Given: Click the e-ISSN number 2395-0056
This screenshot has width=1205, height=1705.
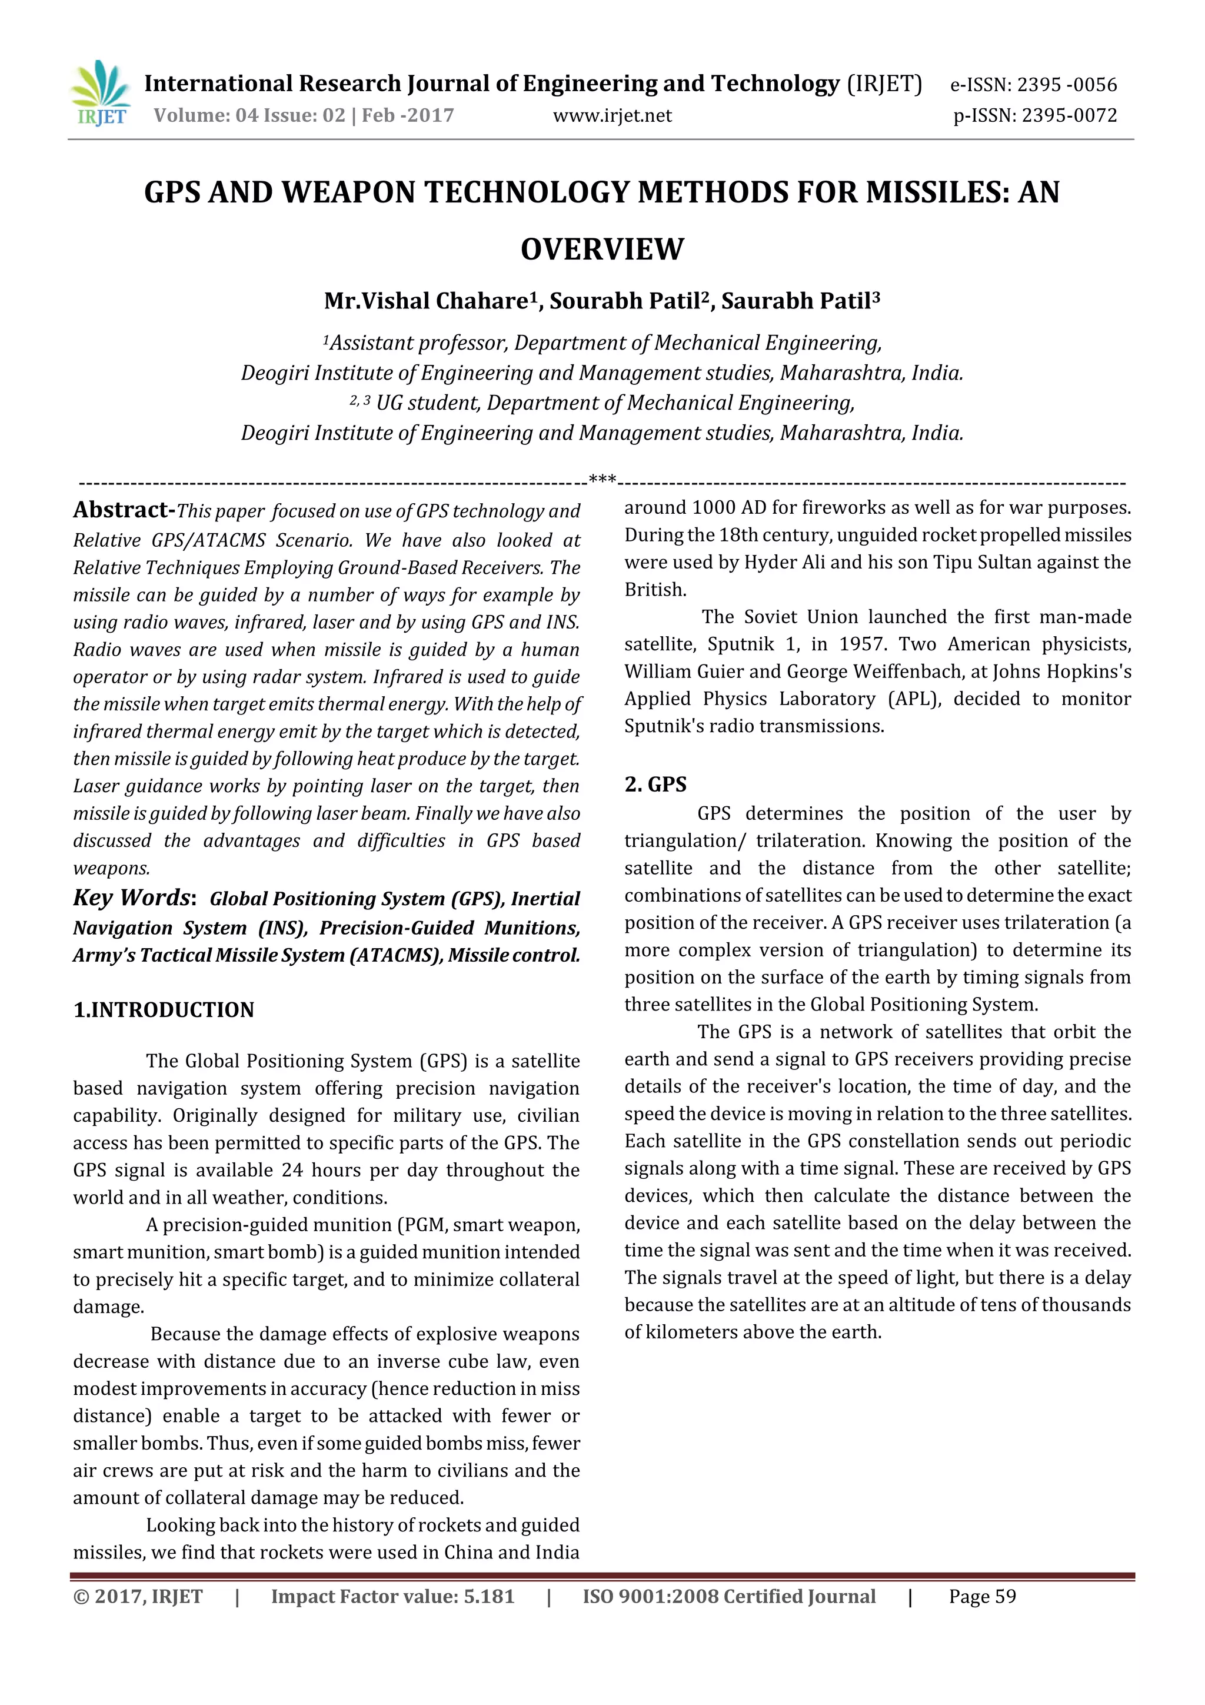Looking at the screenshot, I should (x=1066, y=85).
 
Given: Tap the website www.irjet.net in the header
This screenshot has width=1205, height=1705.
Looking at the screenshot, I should (x=612, y=116).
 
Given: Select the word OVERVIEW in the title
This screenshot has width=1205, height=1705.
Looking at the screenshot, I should (x=601, y=250).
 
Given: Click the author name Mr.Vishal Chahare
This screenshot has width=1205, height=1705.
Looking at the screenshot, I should (x=426, y=301).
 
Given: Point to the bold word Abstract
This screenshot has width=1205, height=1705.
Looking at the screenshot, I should (x=122, y=510).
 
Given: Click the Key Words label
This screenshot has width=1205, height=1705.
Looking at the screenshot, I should (x=134, y=898).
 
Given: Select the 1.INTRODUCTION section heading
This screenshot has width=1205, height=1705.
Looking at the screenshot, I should (x=164, y=1010).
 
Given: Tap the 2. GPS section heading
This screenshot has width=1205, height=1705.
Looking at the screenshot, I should (x=655, y=785).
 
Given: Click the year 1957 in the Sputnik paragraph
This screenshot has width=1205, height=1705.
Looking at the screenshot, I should (x=862, y=644).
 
